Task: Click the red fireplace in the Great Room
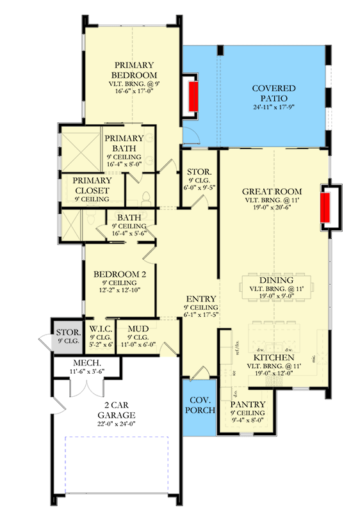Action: (327, 206)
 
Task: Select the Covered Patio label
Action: (273, 93)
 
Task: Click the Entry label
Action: (200, 299)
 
